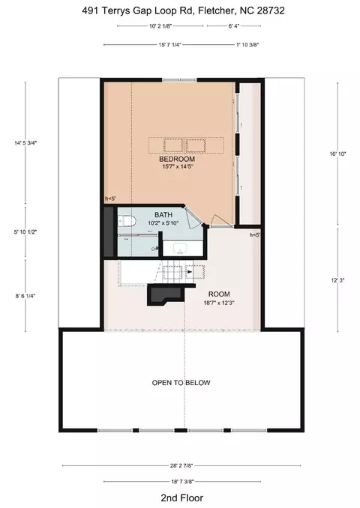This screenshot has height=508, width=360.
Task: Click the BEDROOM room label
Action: pyautogui.click(x=177, y=159)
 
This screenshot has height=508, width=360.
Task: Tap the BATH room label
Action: pyautogui.click(x=163, y=215)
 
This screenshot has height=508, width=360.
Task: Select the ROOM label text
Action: pyautogui.click(x=219, y=294)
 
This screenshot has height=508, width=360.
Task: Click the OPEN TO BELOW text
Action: pyautogui.click(x=181, y=383)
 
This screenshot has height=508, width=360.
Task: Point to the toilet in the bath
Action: pyautogui.click(x=127, y=222)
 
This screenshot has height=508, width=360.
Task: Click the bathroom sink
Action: pyautogui.click(x=179, y=249)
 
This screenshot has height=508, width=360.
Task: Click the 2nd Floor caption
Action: pyautogui.click(x=182, y=498)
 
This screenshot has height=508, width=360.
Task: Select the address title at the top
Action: pyautogui.click(x=183, y=10)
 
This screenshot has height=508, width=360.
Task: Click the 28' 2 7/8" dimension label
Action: pyautogui.click(x=181, y=465)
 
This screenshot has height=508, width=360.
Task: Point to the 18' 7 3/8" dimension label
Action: pyautogui.click(x=182, y=482)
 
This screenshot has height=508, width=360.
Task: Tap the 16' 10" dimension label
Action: pyautogui.click(x=337, y=154)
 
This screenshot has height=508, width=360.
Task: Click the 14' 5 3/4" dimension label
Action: pyautogui.click(x=25, y=142)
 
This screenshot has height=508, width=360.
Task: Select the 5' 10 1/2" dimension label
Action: pyautogui.click(x=25, y=232)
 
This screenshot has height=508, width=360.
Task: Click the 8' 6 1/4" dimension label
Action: pyautogui.click(x=25, y=296)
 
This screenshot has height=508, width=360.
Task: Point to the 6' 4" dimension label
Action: pyautogui.click(x=234, y=26)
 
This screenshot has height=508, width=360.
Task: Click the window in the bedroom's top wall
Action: pyautogui.click(x=179, y=79)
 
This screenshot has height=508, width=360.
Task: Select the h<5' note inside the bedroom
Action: pyautogui.click(x=110, y=199)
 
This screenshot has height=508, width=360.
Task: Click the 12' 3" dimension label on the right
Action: pyautogui.click(x=337, y=280)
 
